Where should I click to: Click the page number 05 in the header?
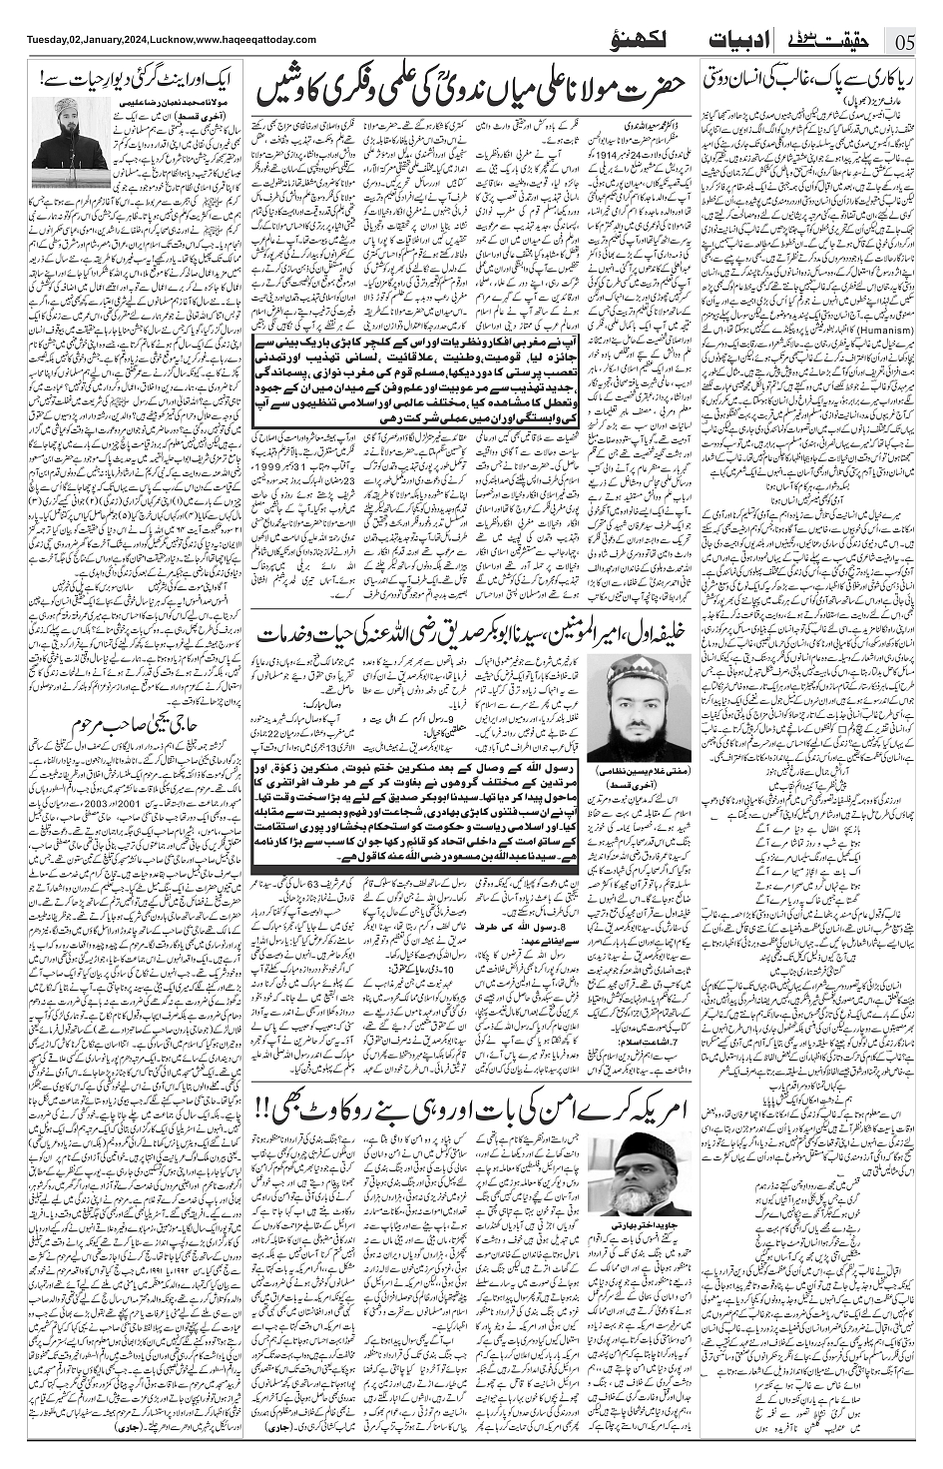click(x=904, y=41)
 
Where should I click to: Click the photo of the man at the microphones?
click(x=70, y=136)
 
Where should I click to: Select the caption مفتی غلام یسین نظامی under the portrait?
click(x=626, y=773)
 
